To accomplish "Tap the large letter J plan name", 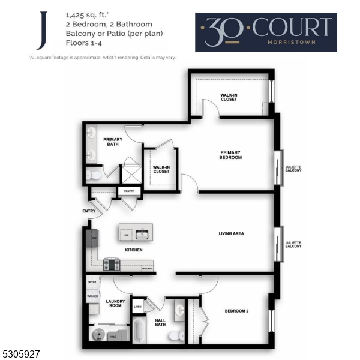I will [40, 31].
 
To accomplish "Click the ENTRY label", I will [89, 211].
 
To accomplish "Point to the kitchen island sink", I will [143, 234].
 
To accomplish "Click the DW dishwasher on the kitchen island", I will [127, 235].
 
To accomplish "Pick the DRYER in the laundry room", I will [92, 282].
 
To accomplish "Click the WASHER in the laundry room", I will [92, 296].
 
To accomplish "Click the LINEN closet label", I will [137, 308].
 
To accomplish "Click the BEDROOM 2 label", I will [236, 311].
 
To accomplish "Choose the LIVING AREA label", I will [231, 233].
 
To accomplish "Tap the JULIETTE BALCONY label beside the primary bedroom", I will [293, 169].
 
